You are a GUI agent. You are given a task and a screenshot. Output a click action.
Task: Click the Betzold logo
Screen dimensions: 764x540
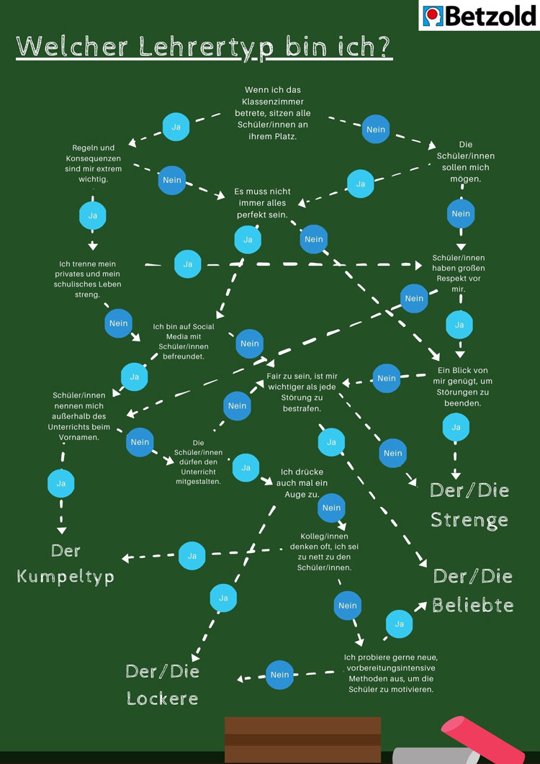click(478, 15)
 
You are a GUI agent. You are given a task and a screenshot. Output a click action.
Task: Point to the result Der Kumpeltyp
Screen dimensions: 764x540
click(66, 564)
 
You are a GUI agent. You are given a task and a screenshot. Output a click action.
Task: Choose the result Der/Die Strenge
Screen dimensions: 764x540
click(469, 505)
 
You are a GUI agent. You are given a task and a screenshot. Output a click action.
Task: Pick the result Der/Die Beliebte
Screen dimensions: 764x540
click(473, 590)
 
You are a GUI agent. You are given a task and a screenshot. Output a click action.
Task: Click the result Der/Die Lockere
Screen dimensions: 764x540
click(162, 684)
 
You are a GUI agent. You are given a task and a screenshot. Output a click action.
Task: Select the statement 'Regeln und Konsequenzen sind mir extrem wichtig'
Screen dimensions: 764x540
click(93, 163)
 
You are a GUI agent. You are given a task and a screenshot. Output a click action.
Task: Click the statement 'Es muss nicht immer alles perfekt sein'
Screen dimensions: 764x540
click(262, 203)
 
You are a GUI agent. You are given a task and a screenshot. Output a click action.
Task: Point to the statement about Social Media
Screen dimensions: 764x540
click(183, 341)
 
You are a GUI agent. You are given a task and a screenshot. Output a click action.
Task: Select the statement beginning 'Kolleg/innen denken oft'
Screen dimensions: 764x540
click(324, 552)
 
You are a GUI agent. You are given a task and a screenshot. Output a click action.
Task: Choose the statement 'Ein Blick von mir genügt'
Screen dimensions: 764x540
click(462, 387)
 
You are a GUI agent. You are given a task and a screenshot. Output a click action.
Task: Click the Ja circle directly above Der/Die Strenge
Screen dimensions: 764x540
click(456, 427)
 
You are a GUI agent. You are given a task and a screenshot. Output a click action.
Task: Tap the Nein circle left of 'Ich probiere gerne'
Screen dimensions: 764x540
click(279, 675)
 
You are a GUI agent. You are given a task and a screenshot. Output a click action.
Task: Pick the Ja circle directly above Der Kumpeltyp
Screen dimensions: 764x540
click(61, 483)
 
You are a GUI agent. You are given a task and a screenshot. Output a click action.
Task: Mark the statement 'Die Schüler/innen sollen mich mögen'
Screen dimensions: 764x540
click(465, 161)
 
